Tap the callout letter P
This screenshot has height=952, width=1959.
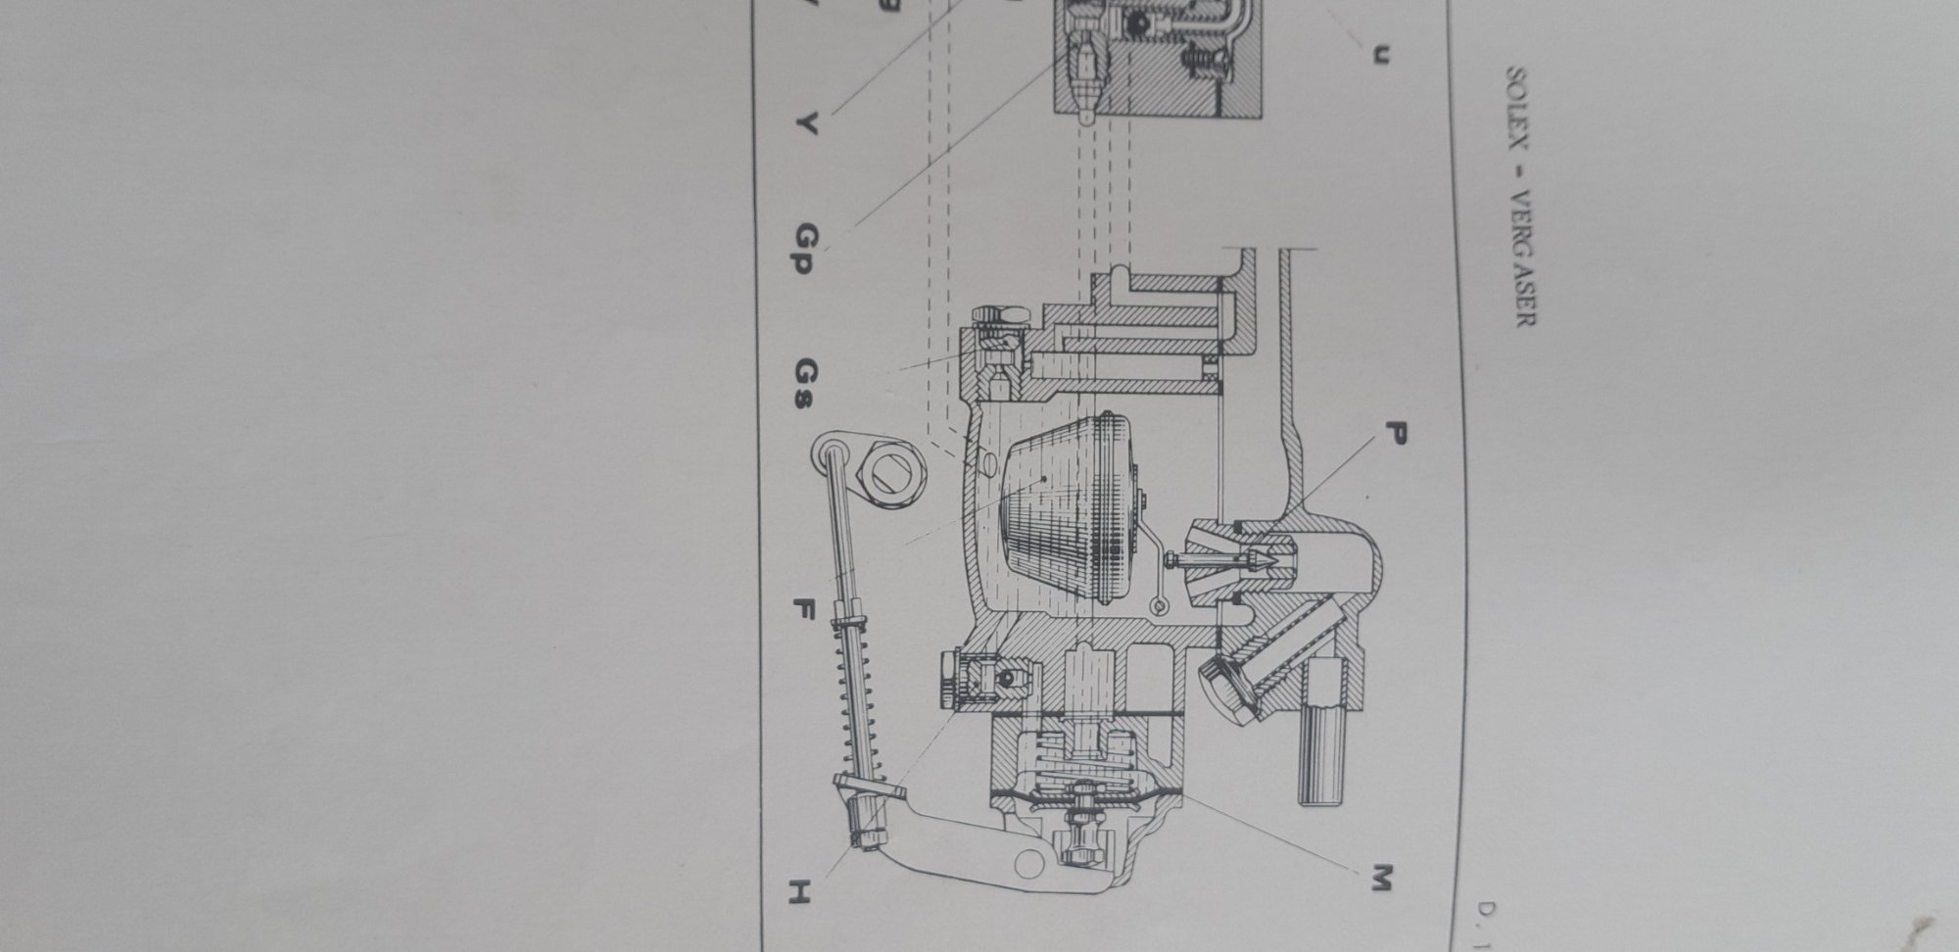pyautogui.click(x=1395, y=432)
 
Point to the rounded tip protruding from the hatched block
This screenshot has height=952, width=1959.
pyautogui.click(x=1090, y=116)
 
